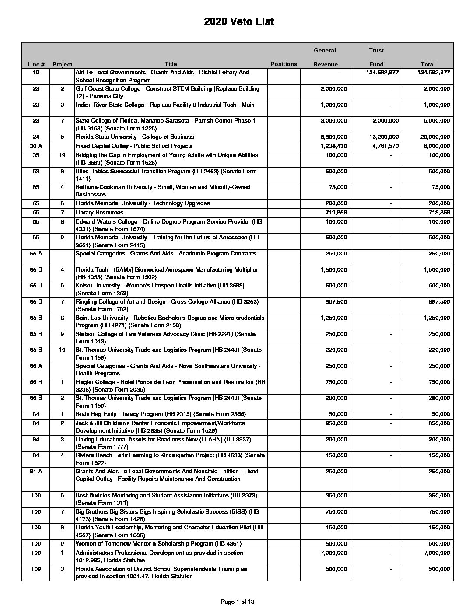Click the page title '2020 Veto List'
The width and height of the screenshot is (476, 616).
tap(238, 22)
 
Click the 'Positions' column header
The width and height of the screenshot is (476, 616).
tap(283, 64)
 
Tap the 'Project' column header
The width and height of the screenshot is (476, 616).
tap(62, 64)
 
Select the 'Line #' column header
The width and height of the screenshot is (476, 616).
tap(36, 64)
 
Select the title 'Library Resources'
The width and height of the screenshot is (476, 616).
tap(99, 213)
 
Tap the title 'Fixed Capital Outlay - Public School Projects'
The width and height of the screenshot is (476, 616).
tap(134, 146)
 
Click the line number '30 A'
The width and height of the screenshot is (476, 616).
tap(36, 146)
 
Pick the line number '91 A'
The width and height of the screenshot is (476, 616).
tap(36, 472)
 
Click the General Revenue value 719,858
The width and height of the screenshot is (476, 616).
tap(335, 213)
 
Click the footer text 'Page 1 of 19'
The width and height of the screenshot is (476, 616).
tap(238, 602)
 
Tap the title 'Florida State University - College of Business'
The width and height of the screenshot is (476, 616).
tap(135, 137)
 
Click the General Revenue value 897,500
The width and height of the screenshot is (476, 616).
tap(335, 302)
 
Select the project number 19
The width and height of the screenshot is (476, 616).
tap(62, 155)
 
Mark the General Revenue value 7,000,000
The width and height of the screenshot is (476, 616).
tap(333, 553)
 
